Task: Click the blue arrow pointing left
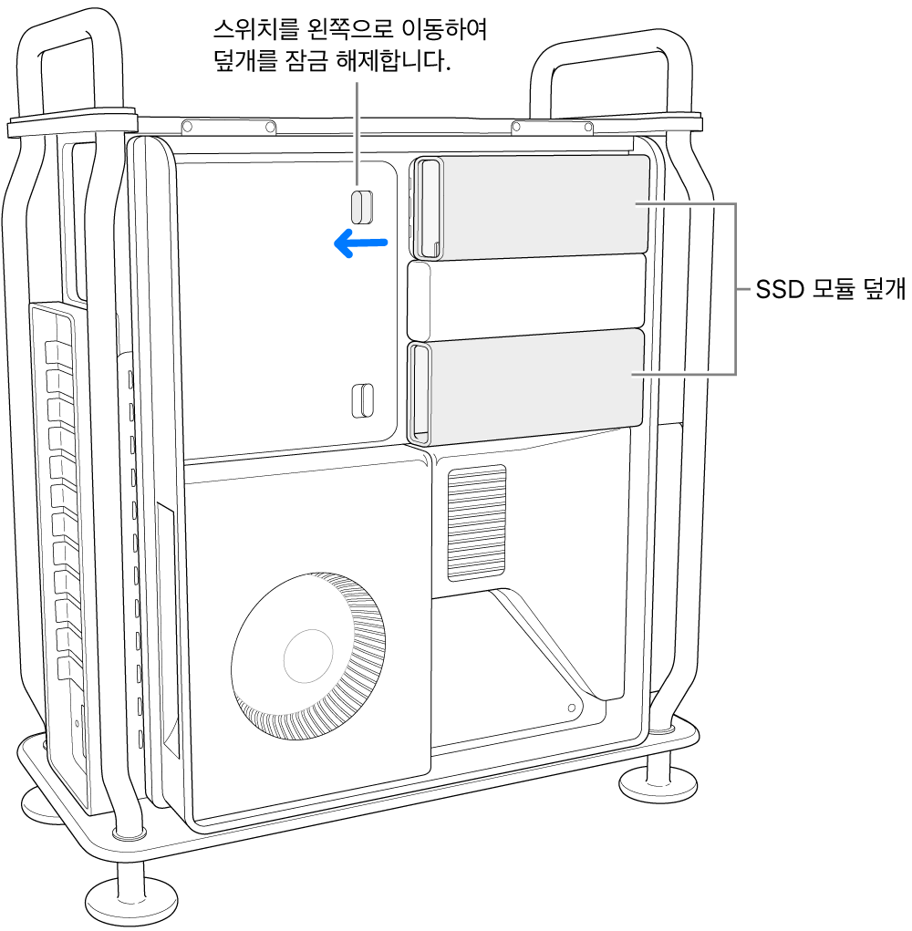point(361,243)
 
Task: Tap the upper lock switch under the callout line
point(362,207)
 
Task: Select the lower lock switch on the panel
point(362,398)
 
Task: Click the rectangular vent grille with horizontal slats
point(476,522)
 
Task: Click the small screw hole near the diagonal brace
point(572,708)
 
